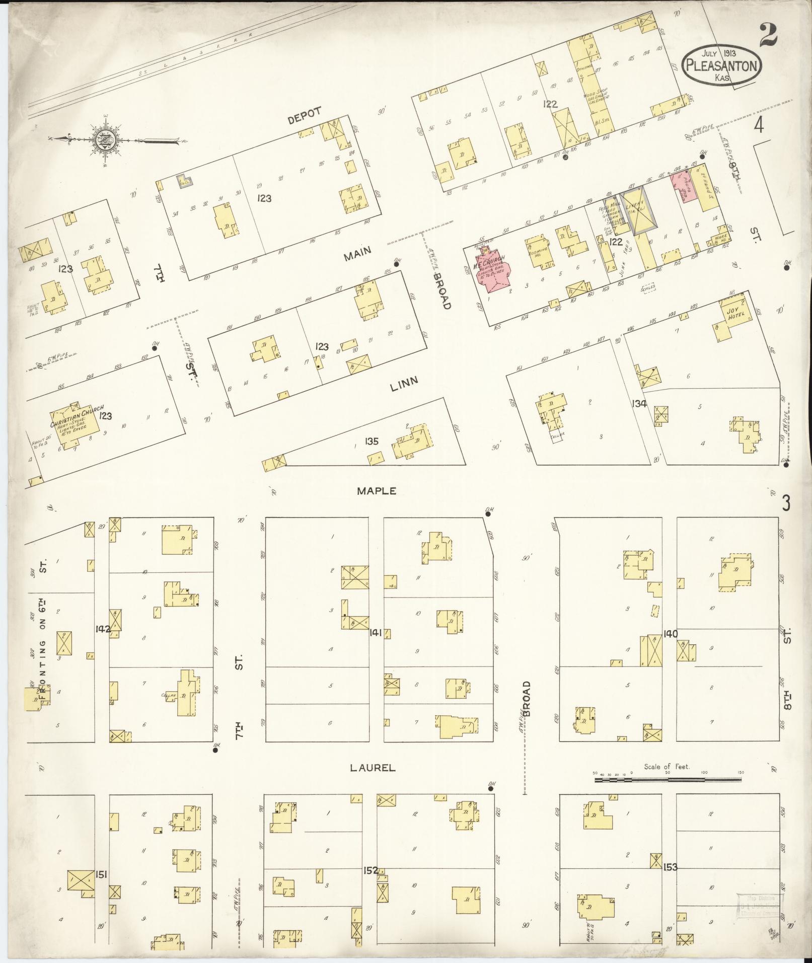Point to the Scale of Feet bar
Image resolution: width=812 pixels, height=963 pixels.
pos(668,780)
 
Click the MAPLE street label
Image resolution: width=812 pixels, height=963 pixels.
pos(377,491)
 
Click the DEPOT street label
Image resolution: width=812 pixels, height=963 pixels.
pos(304,115)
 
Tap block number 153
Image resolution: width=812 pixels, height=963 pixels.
pos(670,867)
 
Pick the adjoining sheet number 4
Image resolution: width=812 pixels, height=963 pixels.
pos(758,126)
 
